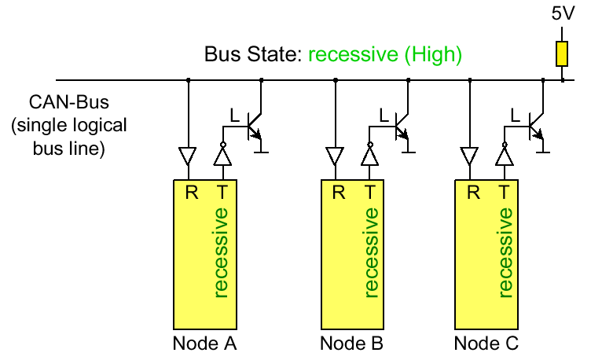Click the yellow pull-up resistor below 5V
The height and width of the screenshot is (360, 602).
pos(563,53)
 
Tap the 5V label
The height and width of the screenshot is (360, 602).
pos(563,14)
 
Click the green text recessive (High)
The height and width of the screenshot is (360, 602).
pos(384,55)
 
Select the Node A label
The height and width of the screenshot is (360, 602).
pos(205,343)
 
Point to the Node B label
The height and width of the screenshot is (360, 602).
pos(351,343)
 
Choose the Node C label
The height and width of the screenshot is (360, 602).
pos(486,343)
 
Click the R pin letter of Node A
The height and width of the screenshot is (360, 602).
pos(191,192)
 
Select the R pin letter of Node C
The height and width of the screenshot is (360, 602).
pos(472,192)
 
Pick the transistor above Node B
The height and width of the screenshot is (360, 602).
pos(403,127)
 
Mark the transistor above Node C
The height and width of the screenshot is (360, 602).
pos(537,127)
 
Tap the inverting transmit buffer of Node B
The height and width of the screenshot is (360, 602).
pos(369,155)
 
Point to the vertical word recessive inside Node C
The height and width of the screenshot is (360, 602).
pos(504,253)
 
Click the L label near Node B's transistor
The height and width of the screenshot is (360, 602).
pos(383,116)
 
